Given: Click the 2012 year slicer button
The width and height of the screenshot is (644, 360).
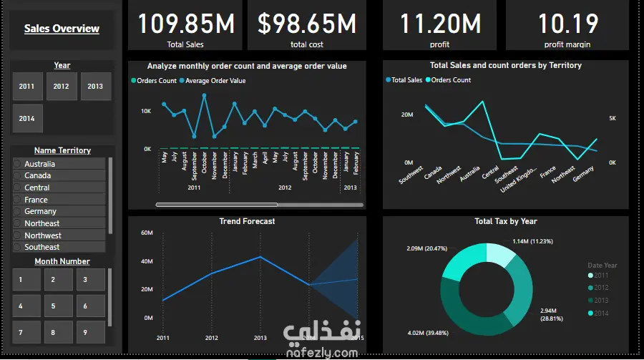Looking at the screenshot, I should (62, 87).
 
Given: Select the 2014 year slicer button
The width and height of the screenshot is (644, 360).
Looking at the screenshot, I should (27, 119).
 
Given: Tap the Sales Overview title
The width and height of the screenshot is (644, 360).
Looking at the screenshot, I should (62, 29).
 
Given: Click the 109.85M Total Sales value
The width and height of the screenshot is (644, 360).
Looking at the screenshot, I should (185, 24).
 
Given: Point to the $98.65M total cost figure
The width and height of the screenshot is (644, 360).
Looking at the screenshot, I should (306, 24).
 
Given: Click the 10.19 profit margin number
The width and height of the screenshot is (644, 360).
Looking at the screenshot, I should (568, 24).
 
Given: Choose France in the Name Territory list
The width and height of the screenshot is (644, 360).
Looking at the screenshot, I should (36, 200).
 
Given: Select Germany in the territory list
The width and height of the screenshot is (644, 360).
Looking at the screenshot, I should (40, 211).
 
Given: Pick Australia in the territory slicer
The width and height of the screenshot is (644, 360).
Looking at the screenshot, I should (39, 164).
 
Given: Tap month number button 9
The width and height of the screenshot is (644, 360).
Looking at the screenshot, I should (84, 332).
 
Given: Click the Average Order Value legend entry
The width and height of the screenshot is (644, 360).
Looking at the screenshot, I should (215, 81).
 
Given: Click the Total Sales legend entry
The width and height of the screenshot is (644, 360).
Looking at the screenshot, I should (406, 80).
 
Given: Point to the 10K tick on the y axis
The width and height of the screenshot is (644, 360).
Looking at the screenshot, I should (146, 112).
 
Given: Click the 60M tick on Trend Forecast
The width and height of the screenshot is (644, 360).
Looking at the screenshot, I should (147, 233).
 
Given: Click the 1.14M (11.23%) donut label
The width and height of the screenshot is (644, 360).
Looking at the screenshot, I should (532, 241).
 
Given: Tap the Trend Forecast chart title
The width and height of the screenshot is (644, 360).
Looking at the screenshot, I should (247, 222).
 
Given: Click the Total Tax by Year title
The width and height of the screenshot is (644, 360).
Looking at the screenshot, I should (505, 222).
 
